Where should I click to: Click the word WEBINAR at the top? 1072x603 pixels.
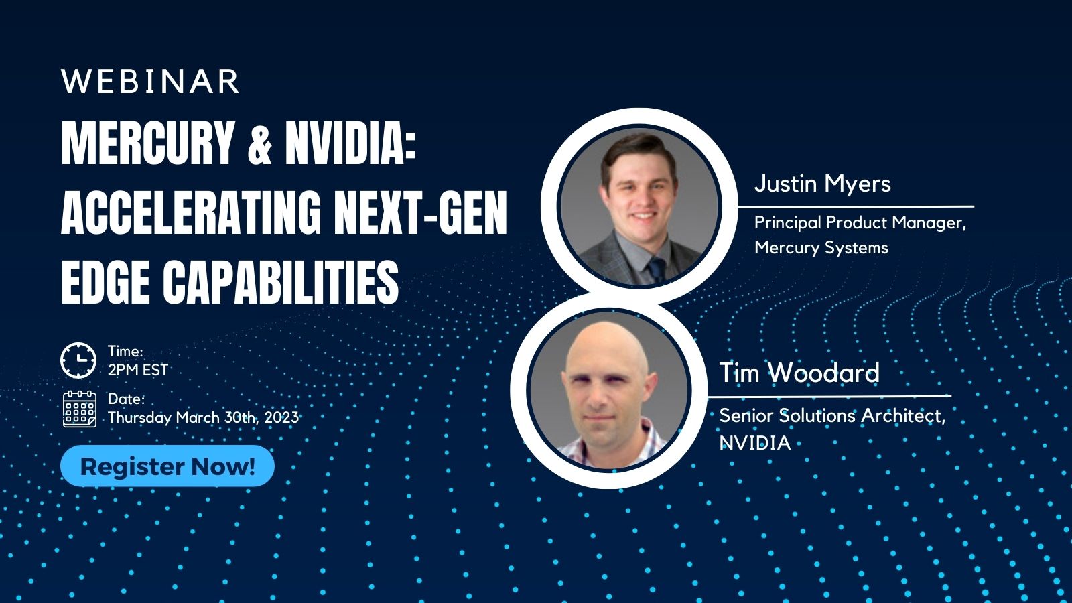(150, 82)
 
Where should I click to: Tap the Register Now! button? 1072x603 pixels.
(167, 466)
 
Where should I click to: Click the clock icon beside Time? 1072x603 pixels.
(78, 360)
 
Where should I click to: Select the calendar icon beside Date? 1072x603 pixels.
(79, 409)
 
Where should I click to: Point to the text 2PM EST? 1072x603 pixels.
(138, 370)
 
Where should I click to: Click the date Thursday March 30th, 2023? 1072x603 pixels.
(203, 417)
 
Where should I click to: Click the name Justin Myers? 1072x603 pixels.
(822, 184)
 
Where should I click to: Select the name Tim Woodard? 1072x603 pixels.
(799, 373)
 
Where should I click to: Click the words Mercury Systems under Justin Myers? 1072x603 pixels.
(821, 247)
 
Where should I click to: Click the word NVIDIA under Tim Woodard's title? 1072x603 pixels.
(754, 443)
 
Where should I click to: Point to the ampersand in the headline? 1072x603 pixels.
(259, 145)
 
